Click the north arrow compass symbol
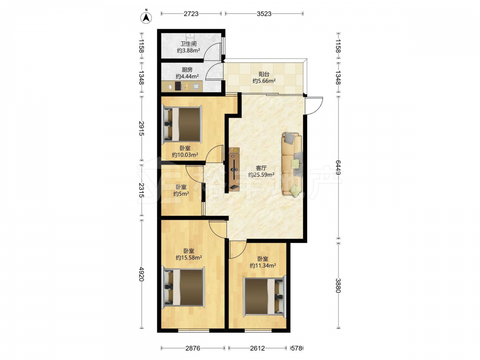pyautogui.click(x=146, y=17)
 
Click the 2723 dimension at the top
pyautogui.click(x=191, y=14)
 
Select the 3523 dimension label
pyautogui.click(x=264, y=14)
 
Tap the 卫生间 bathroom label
pyautogui.click(x=188, y=44)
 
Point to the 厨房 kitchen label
pyautogui.click(x=187, y=70)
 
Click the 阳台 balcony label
pyautogui.click(x=264, y=74)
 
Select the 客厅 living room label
pyautogui.click(x=261, y=168)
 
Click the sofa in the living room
pyautogui.click(x=292, y=164)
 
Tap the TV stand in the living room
pyautogui.click(x=234, y=169)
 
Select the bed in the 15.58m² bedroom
pyautogui.click(x=183, y=287)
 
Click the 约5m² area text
pyautogui.click(x=181, y=194)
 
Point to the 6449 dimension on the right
pyautogui.click(x=337, y=168)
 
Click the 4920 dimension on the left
pyautogui.click(x=141, y=274)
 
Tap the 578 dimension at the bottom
pyautogui.click(x=297, y=348)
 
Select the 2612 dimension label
pyautogui.click(x=257, y=348)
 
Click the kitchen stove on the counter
pyautogui.click(x=179, y=86)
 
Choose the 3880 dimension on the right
pyautogui.click(x=337, y=285)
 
